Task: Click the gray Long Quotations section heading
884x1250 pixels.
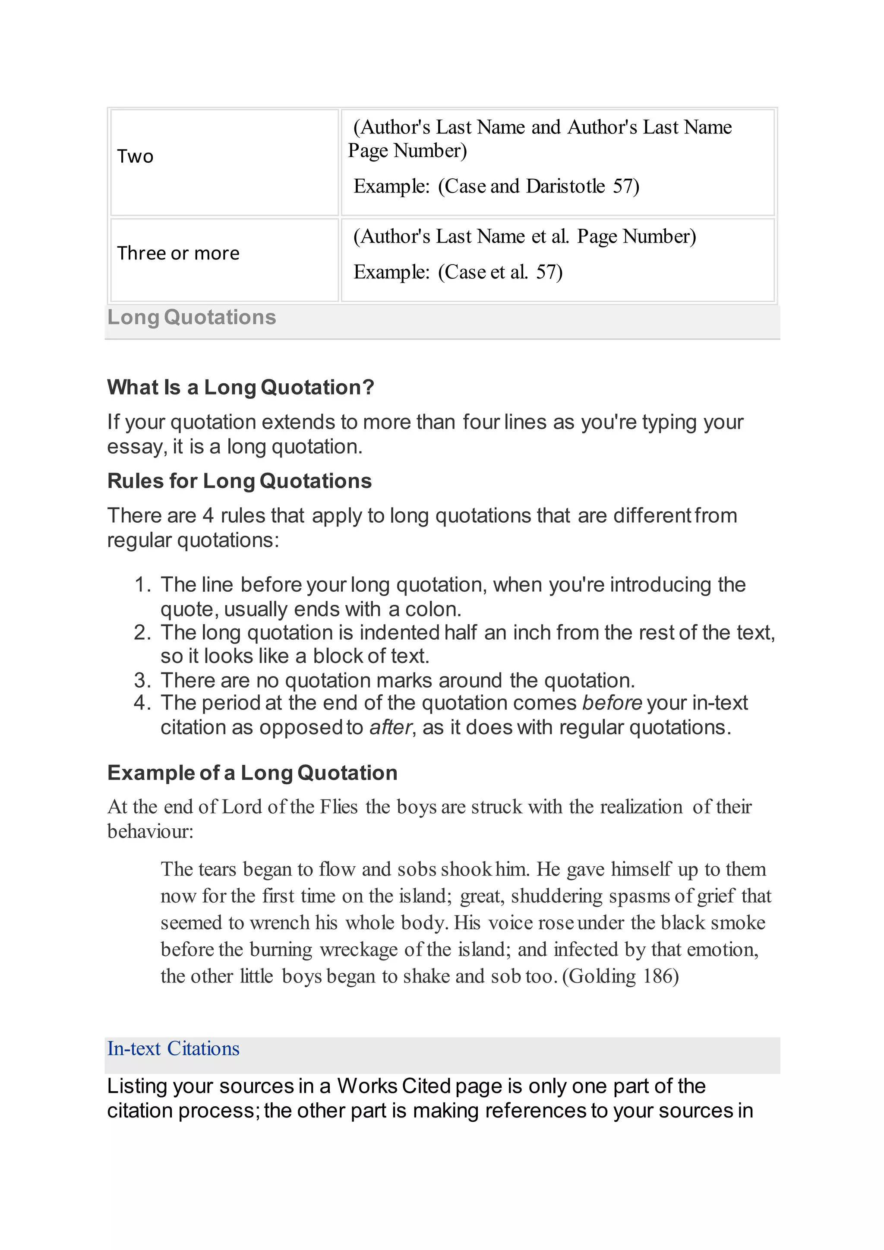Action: [192, 317]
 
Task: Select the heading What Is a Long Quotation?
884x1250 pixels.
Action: [240, 388]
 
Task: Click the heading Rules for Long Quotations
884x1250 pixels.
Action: [240, 481]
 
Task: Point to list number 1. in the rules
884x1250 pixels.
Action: [142, 585]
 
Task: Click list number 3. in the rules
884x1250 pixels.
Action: [142, 681]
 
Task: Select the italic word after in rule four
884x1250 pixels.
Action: [390, 728]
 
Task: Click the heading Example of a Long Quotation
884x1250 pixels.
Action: [252, 773]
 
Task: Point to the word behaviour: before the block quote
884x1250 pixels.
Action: [150, 831]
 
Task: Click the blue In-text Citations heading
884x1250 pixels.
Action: [173, 1048]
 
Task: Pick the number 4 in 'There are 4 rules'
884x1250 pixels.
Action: [208, 515]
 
